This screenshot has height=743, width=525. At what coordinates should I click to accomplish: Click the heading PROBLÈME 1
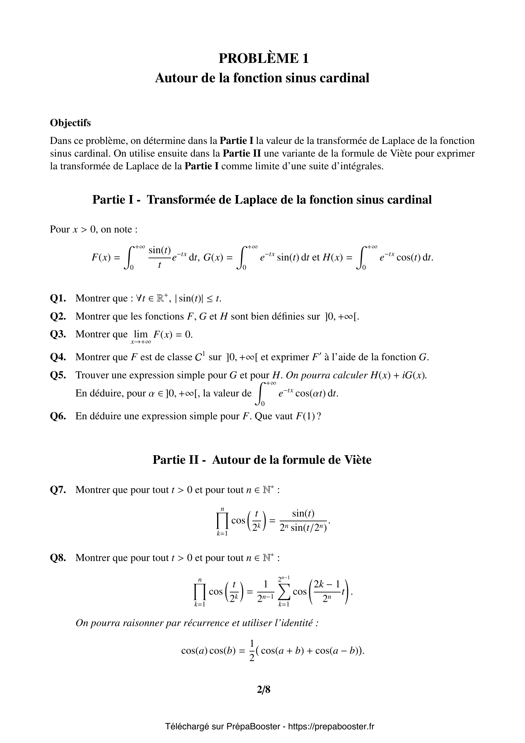(x=263, y=58)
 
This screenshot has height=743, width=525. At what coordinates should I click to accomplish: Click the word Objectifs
(x=70, y=123)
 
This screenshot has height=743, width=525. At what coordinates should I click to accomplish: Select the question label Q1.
(x=58, y=298)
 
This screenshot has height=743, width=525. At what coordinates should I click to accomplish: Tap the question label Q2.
(x=58, y=316)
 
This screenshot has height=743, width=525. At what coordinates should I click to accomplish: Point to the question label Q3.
(x=58, y=334)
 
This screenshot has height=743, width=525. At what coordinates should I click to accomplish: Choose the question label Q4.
(x=58, y=357)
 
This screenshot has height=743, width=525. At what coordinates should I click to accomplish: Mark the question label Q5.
(x=58, y=375)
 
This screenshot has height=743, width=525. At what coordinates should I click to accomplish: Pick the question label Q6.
(x=58, y=416)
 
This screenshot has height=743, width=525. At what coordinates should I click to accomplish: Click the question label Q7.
(x=58, y=490)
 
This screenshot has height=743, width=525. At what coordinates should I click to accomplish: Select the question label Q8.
(x=58, y=558)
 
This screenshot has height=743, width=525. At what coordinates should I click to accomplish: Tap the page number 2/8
(x=263, y=690)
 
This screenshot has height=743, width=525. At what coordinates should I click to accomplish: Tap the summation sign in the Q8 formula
(x=283, y=592)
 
